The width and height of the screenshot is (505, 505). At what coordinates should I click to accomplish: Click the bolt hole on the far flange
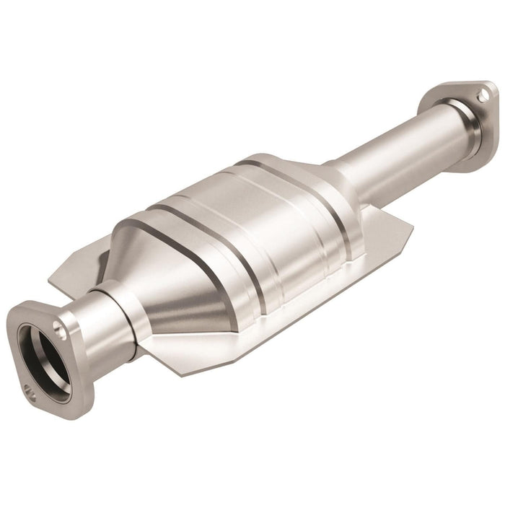point(485,95)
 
